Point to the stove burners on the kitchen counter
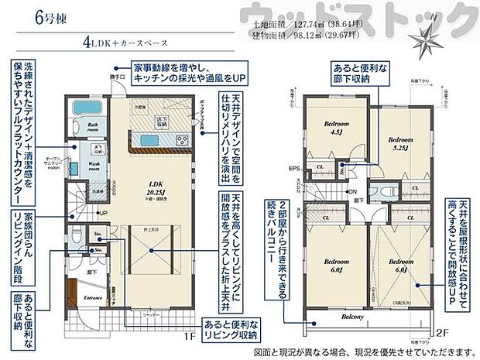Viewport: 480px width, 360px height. (x=183, y=140)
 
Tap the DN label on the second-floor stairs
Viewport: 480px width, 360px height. (x=351, y=191)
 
